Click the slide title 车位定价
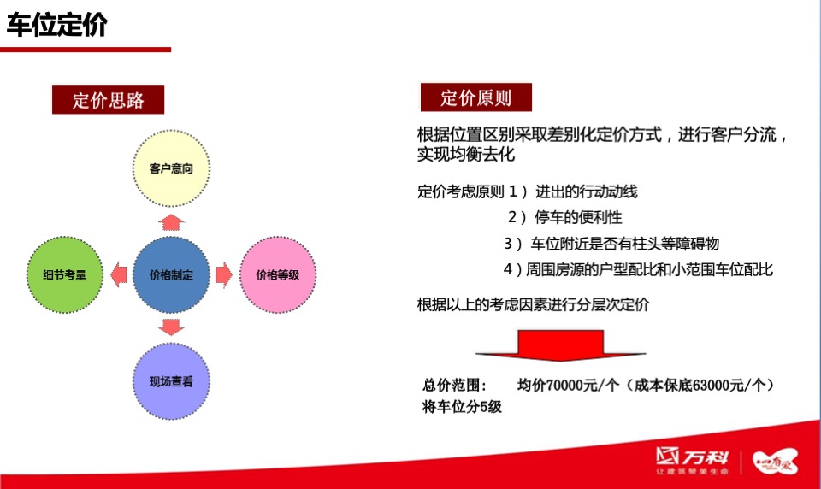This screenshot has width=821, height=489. [57, 25]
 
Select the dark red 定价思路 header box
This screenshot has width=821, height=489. [108, 100]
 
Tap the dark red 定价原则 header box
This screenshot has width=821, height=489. [475, 97]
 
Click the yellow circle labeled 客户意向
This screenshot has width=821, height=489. [171, 168]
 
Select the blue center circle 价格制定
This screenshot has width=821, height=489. [171, 275]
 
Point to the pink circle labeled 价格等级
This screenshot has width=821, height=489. [278, 275]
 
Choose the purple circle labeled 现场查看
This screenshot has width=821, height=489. [171, 381]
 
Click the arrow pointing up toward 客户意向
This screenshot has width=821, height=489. [171, 222]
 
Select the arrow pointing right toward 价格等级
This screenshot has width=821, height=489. [223, 275]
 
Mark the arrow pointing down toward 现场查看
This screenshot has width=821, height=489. [171, 327]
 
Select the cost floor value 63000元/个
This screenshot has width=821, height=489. [721, 386]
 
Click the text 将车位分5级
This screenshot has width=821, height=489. [462, 407]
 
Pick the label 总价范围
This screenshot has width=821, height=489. [455, 386]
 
